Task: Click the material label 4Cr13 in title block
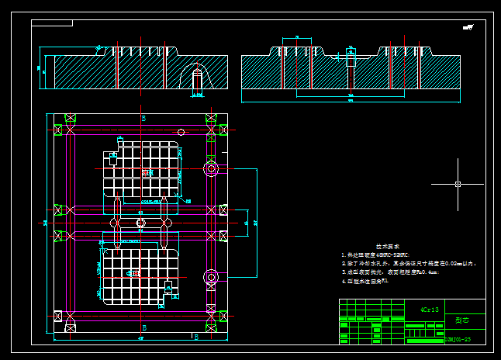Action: click(x=429, y=309)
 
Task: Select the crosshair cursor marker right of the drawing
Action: click(x=458, y=184)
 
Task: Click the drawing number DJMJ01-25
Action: click(x=458, y=339)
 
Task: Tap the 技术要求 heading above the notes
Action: click(x=389, y=244)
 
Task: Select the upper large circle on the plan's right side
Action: click(x=210, y=168)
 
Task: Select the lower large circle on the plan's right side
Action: click(x=210, y=276)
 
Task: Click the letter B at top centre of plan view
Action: click(x=143, y=118)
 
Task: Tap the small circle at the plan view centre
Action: click(x=140, y=223)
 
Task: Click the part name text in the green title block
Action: click(x=462, y=319)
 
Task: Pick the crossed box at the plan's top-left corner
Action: click(x=71, y=119)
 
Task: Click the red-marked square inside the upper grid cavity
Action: click(x=145, y=172)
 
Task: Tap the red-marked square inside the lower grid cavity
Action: click(x=136, y=273)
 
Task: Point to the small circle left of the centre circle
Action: click(x=115, y=223)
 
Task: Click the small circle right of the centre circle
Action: click(x=166, y=223)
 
